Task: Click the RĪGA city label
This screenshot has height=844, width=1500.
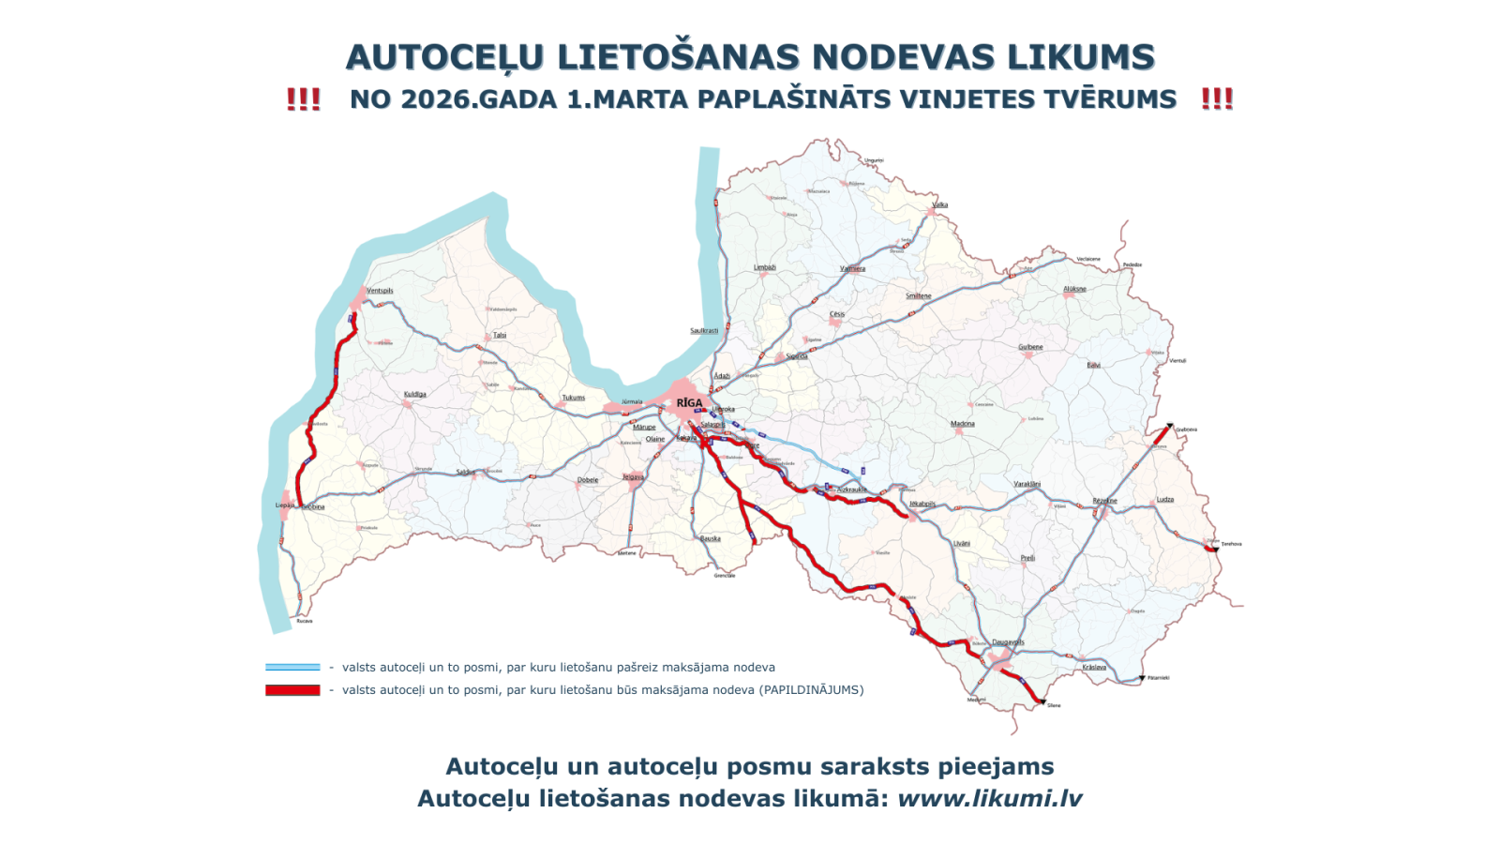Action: point(689,403)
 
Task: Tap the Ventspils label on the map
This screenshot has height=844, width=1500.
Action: point(380,291)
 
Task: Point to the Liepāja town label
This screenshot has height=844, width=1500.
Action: point(284,505)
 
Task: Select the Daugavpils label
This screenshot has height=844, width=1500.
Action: point(1008,642)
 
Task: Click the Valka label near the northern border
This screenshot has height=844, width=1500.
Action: point(939,204)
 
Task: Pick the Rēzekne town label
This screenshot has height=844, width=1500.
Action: point(1104,501)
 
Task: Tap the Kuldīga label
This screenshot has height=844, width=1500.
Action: point(414,395)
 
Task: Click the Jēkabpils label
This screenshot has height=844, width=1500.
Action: point(922,504)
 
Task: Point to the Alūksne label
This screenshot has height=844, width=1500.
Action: point(1074,289)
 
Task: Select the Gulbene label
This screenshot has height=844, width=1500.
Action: point(1030,347)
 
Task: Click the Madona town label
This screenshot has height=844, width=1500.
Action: point(962,424)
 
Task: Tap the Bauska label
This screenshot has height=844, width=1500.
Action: point(711,539)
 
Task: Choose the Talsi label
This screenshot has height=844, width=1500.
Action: point(500,335)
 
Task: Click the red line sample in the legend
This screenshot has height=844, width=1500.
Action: point(292,690)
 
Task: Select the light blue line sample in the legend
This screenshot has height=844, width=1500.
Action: point(292,668)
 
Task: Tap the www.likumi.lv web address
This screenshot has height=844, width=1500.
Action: point(989,799)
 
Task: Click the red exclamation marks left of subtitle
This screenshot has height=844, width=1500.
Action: point(303,99)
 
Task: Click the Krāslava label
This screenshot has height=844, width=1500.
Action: point(1094,668)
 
